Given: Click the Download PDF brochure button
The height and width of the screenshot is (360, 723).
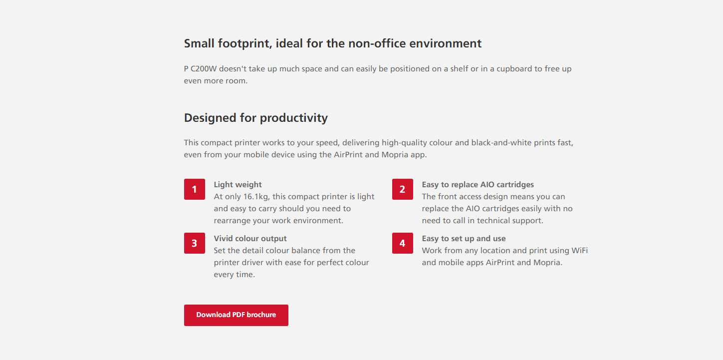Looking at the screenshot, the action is click(236, 315).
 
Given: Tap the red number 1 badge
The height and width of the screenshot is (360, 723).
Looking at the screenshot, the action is click(194, 189).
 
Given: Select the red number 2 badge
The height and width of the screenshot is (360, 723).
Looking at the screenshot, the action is click(403, 189).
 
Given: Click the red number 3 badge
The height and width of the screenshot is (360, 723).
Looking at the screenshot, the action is click(194, 243).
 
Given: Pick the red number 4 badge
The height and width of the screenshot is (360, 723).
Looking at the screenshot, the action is click(403, 243).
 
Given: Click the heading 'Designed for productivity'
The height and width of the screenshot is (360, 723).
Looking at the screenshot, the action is click(255, 118).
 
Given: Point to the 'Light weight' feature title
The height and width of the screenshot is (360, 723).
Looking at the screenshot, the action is click(238, 185).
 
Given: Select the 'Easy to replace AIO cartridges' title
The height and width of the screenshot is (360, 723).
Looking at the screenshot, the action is click(478, 185).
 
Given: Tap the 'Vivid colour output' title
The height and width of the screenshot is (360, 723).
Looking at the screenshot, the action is click(250, 239).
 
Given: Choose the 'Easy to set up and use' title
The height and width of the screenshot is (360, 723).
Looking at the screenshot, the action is click(464, 239).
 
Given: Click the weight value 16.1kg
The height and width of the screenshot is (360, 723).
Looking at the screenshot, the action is click(256, 197).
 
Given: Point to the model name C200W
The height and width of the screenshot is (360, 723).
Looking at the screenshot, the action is click(204, 69).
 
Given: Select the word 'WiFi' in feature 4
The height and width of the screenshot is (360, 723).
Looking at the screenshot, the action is click(580, 251).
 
